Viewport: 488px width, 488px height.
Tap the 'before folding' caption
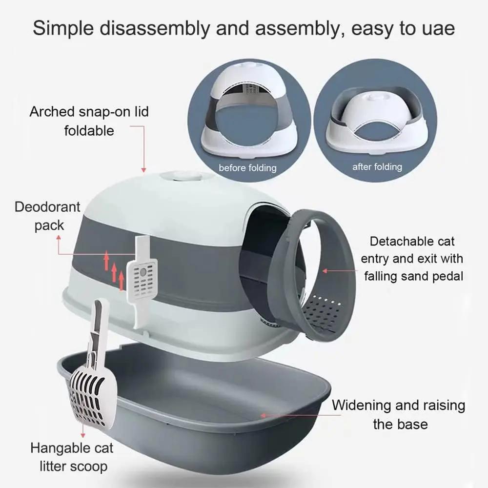point(247,168)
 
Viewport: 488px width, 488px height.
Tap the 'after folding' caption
point(377,167)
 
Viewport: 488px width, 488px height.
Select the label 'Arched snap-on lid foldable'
point(89,121)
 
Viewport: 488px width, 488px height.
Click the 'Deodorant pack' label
point(47,216)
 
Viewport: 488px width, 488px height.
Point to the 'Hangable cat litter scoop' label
point(72,457)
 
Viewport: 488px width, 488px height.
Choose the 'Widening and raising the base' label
point(399,414)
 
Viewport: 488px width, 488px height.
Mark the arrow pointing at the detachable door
point(337,270)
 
